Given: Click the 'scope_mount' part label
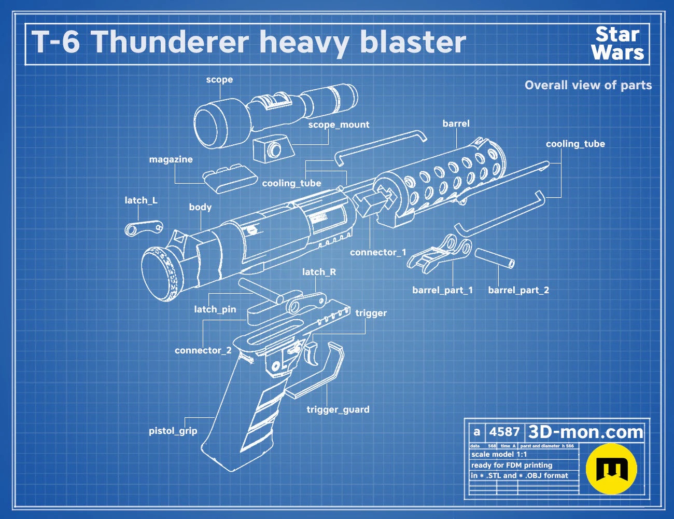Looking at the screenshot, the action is pyautogui.click(x=339, y=125).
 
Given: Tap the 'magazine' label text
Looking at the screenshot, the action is pyautogui.click(x=171, y=159).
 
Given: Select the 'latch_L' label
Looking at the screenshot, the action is pyautogui.click(x=141, y=200).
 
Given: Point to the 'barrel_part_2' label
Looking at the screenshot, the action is pyautogui.click(x=518, y=290).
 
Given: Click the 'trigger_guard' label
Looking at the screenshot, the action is pyautogui.click(x=338, y=409).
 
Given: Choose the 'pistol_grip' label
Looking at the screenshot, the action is pyautogui.click(x=173, y=431).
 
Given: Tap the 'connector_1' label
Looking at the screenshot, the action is pyautogui.click(x=378, y=252).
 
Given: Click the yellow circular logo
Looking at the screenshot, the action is pyautogui.click(x=611, y=469).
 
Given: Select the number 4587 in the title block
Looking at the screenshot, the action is pyautogui.click(x=504, y=432).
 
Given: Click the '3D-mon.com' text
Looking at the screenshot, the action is pyautogui.click(x=585, y=432).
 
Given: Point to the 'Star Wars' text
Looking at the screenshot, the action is pyautogui.click(x=617, y=44).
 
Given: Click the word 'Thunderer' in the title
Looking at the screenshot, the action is pyautogui.click(x=171, y=42).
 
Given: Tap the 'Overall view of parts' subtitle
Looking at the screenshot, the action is pyautogui.click(x=588, y=85).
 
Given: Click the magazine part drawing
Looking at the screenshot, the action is pyautogui.click(x=230, y=179).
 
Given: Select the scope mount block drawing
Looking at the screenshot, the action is pyautogui.click(x=274, y=149).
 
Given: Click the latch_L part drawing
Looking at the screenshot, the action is pyautogui.click(x=144, y=228).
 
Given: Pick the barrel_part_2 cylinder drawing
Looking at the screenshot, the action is pyautogui.click(x=495, y=257).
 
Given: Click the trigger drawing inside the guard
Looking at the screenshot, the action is pyautogui.click(x=311, y=355).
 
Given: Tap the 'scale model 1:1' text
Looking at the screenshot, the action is pyautogui.click(x=499, y=455).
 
